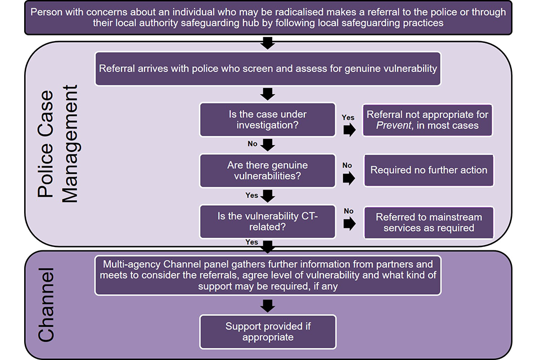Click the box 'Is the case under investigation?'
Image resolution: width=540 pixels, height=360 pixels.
(268, 120)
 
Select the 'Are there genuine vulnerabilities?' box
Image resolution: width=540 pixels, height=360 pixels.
(268, 170)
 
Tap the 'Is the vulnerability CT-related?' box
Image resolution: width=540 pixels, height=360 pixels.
(268, 221)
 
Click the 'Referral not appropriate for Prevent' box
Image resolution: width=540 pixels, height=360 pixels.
(427, 120)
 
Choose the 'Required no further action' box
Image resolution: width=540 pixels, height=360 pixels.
(429, 170)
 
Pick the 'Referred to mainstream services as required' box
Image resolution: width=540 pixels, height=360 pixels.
(429, 222)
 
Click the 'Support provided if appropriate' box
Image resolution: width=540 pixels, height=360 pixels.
(268, 331)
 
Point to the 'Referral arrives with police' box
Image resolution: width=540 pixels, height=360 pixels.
(268, 69)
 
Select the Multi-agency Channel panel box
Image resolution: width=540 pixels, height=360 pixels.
(268, 274)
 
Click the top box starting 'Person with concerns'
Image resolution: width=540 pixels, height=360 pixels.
(268, 17)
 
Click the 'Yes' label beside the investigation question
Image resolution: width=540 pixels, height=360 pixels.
(348, 117)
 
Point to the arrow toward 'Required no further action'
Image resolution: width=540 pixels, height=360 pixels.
(349, 178)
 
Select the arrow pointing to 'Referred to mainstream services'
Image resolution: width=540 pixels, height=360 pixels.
(349, 224)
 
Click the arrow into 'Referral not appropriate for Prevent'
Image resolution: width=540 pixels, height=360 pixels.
(349, 130)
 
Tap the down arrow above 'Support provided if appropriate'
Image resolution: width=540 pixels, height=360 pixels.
(268, 305)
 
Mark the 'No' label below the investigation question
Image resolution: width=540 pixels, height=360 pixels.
(253, 144)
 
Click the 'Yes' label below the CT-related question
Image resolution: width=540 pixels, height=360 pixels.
(252, 242)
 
